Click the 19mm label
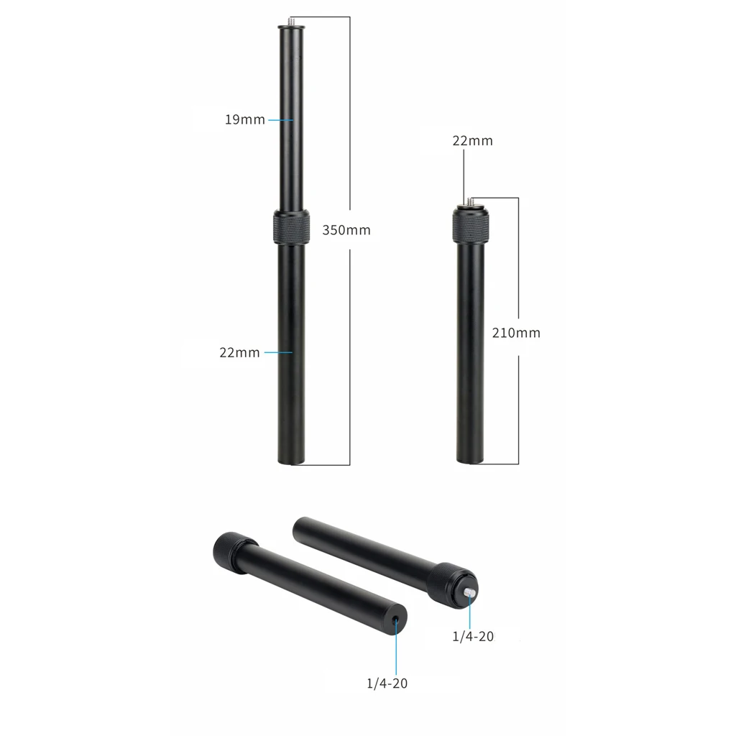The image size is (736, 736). coord(245,120)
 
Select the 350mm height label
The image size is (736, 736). coord(346,231)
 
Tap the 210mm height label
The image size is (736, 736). coord(516,333)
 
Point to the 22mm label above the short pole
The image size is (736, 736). coord(472,141)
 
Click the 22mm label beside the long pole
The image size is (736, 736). coord(239,353)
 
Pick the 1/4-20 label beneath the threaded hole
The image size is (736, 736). coord(387,683)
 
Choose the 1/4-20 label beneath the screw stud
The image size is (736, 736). coord(472,636)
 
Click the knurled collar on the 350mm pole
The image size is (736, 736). coord(291,228)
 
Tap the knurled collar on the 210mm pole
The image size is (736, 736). coord(471,224)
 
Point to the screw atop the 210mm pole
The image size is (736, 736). coord(471,201)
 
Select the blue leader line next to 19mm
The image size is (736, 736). coord(280,120)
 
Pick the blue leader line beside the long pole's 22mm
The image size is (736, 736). coord(277,352)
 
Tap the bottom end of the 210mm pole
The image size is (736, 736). coord(471,460)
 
